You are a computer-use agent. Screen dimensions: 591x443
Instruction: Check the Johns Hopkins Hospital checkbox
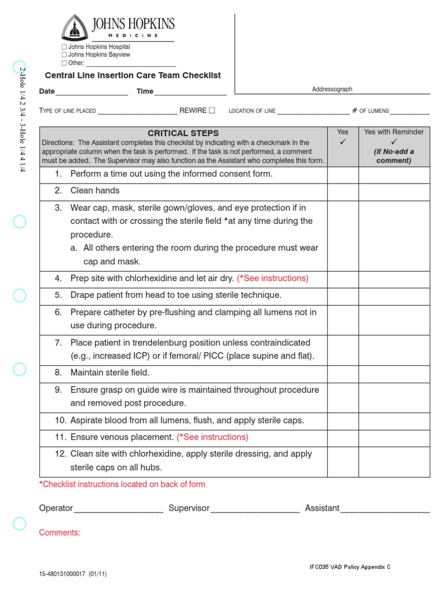point(64,47)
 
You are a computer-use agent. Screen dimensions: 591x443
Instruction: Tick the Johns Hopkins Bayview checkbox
point(64,55)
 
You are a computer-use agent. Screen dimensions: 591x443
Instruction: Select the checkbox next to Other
point(64,63)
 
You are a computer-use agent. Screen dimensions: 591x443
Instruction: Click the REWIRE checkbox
point(212,110)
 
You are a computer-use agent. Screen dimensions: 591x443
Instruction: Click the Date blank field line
point(92,94)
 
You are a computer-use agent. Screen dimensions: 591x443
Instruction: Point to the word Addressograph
point(332,89)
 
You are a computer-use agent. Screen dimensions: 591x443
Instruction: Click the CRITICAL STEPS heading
point(183,133)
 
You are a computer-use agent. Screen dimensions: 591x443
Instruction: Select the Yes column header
point(343,132)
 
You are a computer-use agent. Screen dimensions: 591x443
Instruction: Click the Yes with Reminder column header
point(394,132)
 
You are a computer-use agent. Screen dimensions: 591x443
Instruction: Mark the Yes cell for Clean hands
point(343,192)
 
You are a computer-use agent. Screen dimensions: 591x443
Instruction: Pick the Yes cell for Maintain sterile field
point(343,373)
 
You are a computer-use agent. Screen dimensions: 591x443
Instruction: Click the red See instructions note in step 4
point(273,278)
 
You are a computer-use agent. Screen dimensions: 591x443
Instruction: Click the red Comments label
point(59,533)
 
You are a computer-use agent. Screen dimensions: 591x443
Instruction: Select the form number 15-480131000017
point(62,575)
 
